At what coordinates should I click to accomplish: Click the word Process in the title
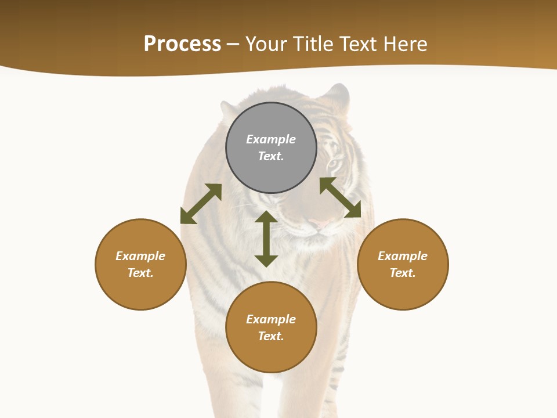pyautogui.click(x=182, y=44)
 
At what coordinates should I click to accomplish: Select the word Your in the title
pyautogui.click(x=265, y=44)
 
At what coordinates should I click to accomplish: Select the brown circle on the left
pyautogui.click(x=140, y=290)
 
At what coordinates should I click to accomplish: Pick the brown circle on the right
pyautogui.click(x=403, y=290)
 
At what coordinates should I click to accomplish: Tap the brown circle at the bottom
pyautogui.click(x=271, y=354)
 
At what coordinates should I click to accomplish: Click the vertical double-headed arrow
pyautogui.click(x=266, y=239)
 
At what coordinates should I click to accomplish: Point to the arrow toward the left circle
pyautogui.click(x=201, y=204)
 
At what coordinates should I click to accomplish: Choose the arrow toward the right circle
pyautogui.click(x=340, y=197)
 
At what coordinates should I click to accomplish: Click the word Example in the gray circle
pyautogui.click(x=271, y=139)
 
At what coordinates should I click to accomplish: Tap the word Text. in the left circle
pyautogui.click(x=140, y=273)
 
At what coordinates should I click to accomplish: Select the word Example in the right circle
pyautogui.click(x=403, y=256)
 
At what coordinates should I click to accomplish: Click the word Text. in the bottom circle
pyautogui.click(x=271, y=336)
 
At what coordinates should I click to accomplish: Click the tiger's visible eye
pyautogui.click(x=332, y=165)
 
